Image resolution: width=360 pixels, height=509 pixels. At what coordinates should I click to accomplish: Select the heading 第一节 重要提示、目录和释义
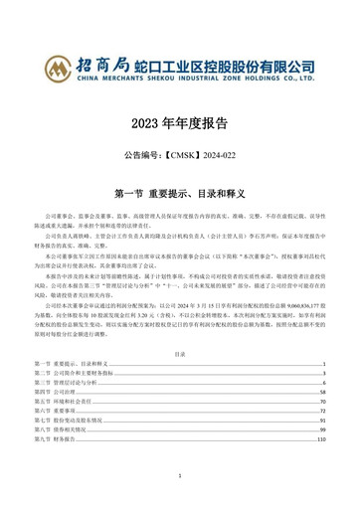180,191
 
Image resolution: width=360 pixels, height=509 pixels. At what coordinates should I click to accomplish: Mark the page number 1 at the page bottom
180,475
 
